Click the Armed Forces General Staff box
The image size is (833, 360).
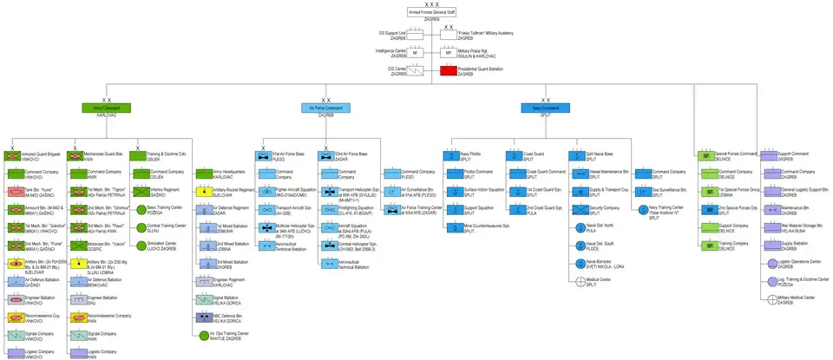coord(431,12)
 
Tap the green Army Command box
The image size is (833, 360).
coord(106,108)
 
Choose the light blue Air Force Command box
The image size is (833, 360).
coord(325,108)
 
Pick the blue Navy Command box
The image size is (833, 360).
coord(545,108)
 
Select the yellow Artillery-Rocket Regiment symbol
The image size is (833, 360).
coord(201,190)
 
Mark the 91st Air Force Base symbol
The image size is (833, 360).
coord(263,156)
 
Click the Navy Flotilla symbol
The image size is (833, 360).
coord(451,157)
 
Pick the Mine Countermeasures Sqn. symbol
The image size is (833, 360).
coord(451,226)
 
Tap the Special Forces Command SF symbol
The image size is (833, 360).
coord(708,157)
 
